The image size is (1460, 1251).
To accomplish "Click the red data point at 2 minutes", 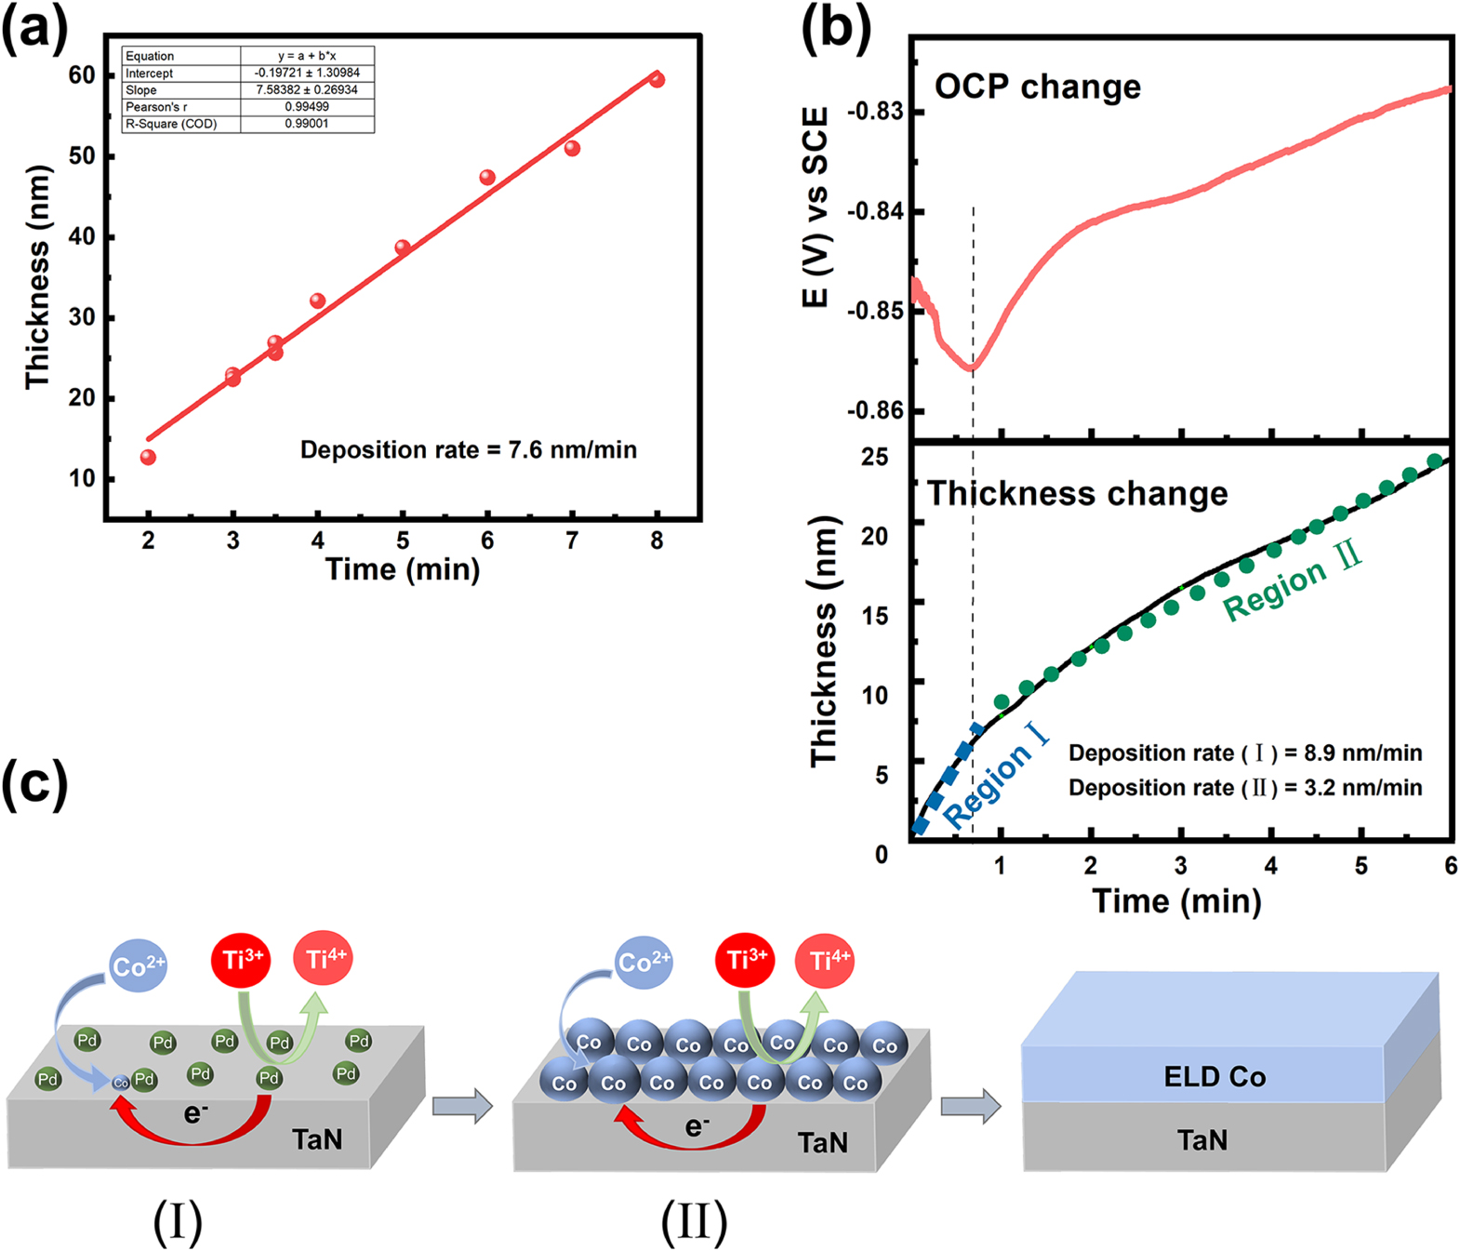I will coord(148,457).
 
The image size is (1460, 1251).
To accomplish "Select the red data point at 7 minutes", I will coord(572,149).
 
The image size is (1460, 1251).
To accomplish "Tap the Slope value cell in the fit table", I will coord(307,89).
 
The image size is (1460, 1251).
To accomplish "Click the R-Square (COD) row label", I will coord(171,124).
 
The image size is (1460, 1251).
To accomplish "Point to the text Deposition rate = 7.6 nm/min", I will coord(468,450).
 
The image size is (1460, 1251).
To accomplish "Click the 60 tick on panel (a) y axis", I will coord(82,75).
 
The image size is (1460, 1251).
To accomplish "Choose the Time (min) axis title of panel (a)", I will coord(402,568).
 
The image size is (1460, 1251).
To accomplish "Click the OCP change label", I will coord(1037,87).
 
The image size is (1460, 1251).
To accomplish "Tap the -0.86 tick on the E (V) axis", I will coord(875,410).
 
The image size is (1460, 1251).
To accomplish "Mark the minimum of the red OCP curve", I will coord(971,367).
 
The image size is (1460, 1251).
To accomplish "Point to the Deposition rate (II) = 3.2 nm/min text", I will coord(1244,788).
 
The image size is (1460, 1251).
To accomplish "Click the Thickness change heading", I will coord(1077,493).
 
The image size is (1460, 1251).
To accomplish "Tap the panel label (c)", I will coord(35,783).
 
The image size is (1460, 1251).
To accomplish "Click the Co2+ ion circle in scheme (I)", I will coord(138,965).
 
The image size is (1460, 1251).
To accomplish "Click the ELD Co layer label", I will coord(1214,1077).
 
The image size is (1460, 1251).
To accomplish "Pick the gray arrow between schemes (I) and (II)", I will coord(462,1106).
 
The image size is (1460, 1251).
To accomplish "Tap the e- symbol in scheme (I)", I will coord(195,1112).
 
